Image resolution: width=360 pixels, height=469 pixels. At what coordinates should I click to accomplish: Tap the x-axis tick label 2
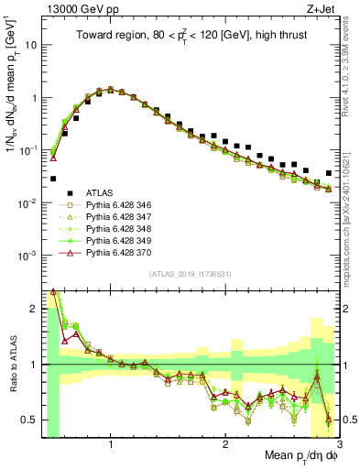[225, 444]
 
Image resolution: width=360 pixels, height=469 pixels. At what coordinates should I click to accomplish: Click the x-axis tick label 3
[338, 444]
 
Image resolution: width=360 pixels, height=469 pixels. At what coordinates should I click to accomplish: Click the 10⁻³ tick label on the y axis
[27, 255]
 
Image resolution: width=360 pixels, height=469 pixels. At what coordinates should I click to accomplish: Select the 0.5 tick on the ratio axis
[29, 420]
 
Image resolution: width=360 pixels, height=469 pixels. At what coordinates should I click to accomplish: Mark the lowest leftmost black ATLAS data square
[53, 179]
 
